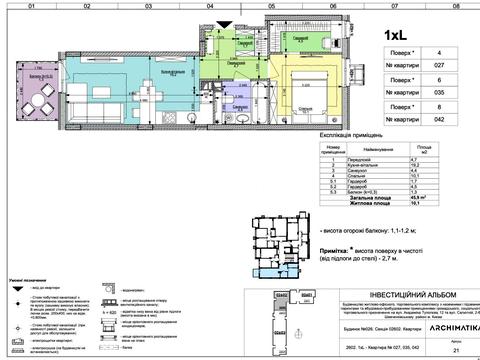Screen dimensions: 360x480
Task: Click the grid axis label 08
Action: pyautogui.click(x=456, y=5)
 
